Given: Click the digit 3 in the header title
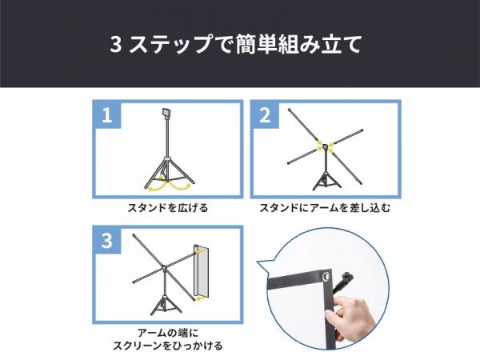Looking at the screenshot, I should click(115, 45).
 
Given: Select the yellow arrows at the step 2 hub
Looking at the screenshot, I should click(325, 147).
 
